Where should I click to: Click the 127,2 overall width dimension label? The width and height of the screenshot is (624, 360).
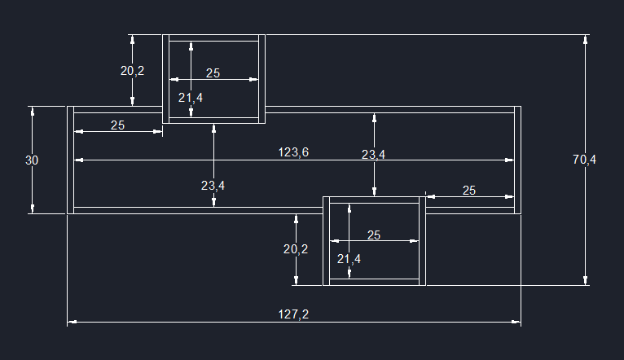point(293,314)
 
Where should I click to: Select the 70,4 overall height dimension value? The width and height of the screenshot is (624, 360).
point(584,160)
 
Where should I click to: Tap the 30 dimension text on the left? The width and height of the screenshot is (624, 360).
point(32,160)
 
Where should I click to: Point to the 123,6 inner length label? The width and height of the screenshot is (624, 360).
point(293,152)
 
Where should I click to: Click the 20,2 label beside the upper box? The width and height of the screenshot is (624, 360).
point(132,71)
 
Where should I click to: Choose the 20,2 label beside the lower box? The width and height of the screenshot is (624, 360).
point(296,249)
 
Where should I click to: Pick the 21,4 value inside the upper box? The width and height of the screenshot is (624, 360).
point(191,98)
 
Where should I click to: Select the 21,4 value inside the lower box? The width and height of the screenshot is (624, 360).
point(349,259)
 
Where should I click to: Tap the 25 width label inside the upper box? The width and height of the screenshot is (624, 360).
point(213,73)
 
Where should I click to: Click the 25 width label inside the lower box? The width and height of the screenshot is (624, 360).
point(374,235)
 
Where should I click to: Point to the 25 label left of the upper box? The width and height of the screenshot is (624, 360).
point(117,125)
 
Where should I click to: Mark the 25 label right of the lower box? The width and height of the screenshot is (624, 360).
point(469,191)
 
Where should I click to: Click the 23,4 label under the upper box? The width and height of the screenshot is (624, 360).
point(213,186)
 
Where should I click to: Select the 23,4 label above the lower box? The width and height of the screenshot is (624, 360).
point(374,154)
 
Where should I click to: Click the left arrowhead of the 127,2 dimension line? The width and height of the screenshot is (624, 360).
point(71,323)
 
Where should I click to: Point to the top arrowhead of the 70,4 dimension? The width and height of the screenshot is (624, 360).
point(586,38)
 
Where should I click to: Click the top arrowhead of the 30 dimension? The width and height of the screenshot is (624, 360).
point(33,110)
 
